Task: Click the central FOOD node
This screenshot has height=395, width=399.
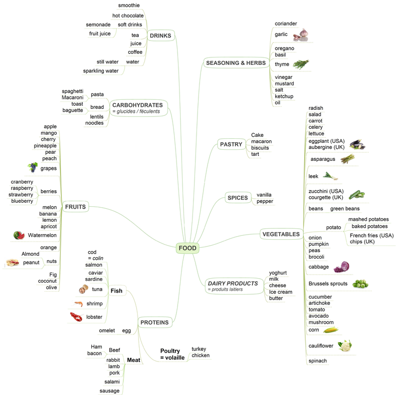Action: (187, 248)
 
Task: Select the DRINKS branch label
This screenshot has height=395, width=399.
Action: (160, 35)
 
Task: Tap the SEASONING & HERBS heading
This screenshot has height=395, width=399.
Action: (235, 62)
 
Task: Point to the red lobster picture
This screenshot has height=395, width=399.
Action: (76, 317)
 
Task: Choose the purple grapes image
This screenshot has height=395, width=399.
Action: (32, 167)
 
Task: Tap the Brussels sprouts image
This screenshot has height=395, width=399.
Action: (360, 284)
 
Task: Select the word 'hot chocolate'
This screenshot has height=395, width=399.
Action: (128, 16)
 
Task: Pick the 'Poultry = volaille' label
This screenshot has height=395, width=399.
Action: (173, 354)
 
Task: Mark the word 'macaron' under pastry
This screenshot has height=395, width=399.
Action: (261, 141)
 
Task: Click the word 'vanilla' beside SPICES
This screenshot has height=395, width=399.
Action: (264, 195)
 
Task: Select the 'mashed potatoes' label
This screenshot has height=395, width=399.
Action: (369, 219)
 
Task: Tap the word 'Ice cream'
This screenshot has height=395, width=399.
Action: (281, 292)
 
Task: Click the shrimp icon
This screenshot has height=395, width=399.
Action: (78, 304)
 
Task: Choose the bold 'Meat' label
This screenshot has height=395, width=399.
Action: (133, 360)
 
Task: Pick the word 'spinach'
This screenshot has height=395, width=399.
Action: (318, 361)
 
